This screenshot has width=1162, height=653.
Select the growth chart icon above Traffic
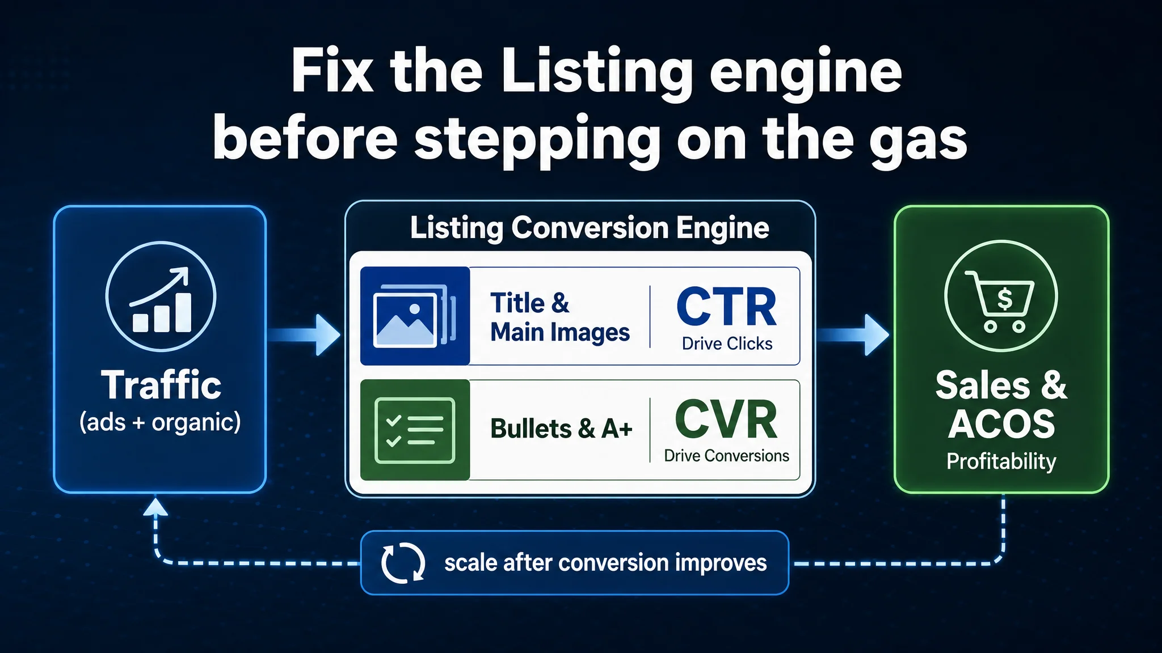161,296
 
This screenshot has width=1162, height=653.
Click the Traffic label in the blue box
161,385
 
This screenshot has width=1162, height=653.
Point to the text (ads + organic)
160,422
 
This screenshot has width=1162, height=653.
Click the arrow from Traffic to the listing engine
304,335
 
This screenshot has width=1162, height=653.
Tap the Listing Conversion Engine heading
590,228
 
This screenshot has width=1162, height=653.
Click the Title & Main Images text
560,317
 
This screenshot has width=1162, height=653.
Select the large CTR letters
727,307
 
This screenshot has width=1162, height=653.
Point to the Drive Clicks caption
727,344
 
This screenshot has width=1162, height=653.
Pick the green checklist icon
415,430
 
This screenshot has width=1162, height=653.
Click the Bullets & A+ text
561,429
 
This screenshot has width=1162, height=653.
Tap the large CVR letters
726,419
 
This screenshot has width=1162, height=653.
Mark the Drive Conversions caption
726,456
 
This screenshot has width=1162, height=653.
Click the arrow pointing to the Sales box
853,335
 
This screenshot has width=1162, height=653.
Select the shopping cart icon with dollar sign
1001,296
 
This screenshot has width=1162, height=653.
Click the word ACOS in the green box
1001,424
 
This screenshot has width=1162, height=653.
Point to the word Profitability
1001,461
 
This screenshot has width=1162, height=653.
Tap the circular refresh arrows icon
403,563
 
